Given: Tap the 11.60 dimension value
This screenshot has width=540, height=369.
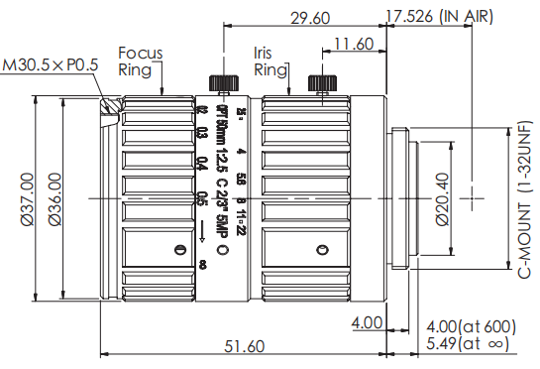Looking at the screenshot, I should tap(353, 44).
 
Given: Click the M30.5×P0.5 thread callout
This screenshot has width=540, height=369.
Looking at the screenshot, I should tap(51, 66).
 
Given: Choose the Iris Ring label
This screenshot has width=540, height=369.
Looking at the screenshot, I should tap(270, 61).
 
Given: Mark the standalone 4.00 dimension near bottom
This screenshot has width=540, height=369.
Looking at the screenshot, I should tap(367, 322).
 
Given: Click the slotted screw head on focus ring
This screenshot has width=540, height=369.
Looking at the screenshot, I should tap(179, 249).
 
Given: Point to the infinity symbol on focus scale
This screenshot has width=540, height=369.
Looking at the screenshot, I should tap(203, 264).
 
